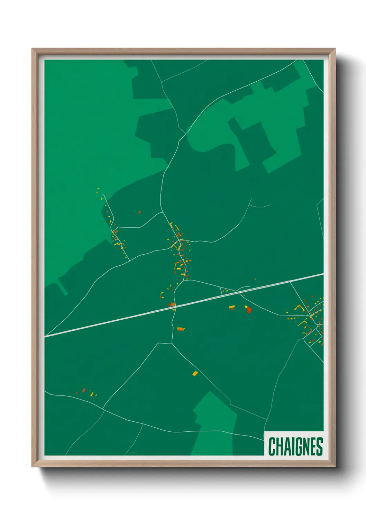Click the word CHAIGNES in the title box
coord(295,447)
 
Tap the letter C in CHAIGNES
coord(272,447)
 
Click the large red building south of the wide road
coord(249,310)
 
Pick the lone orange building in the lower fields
coord(195,373)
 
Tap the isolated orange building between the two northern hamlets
coord(139,212)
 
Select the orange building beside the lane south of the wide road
coord(181,329)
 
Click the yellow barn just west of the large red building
coord(231,307)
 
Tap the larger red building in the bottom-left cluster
coord(84,390)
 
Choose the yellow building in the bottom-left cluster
coord(92,393)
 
